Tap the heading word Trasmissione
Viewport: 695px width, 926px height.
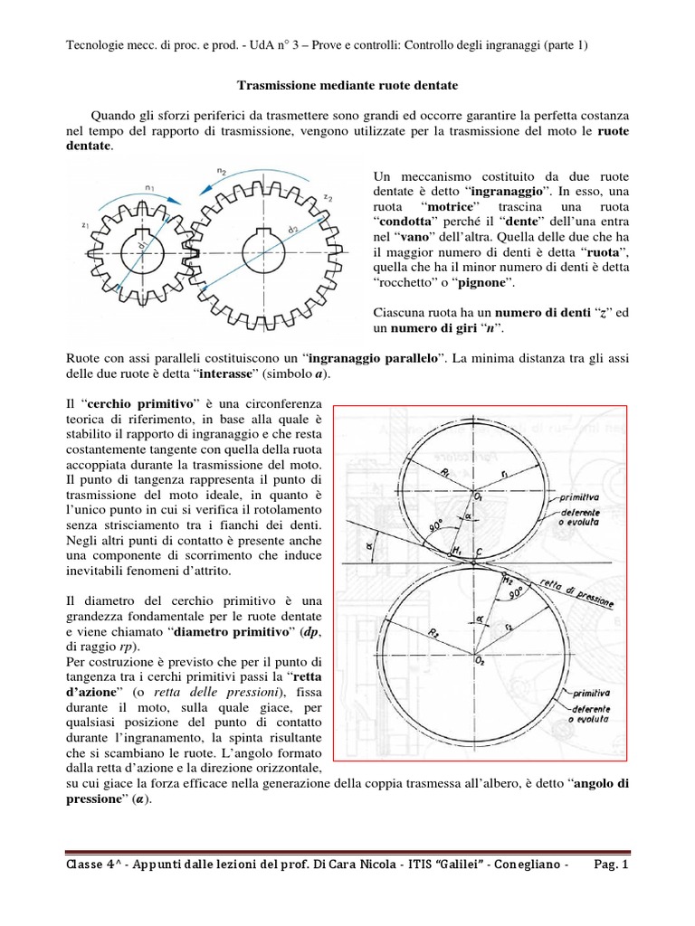tap(281, 85)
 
